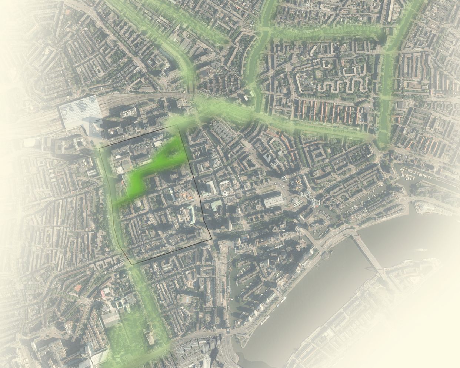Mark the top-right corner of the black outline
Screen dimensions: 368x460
[x=178, y=125]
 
